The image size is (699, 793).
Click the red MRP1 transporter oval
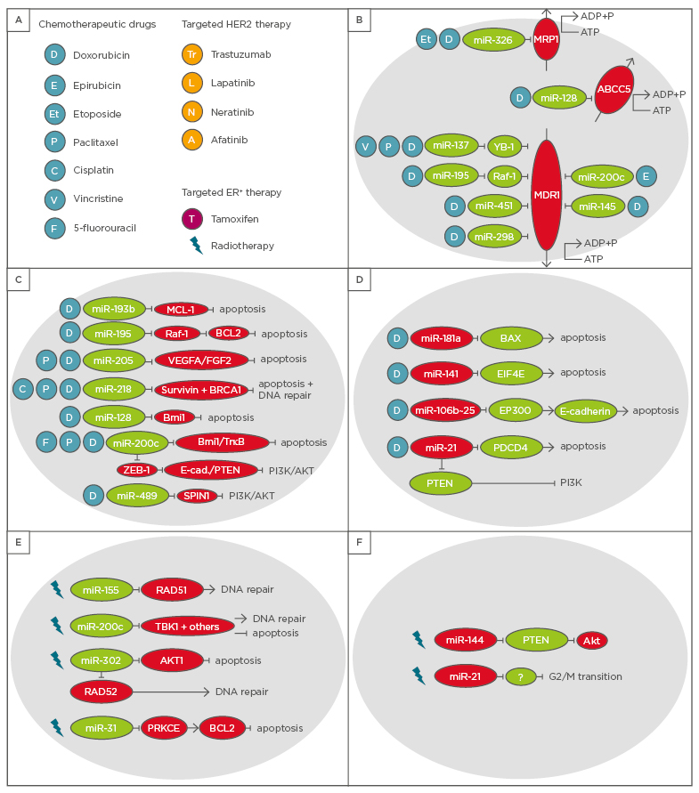(546, 39)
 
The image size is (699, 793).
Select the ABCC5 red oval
(613, 89)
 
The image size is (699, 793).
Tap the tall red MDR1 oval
(546, 195)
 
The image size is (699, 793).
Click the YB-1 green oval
(504, 146)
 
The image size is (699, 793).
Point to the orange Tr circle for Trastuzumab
(191, 55)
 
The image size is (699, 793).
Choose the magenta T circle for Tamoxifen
(191, 218)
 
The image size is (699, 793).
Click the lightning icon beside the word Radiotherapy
(195, 245)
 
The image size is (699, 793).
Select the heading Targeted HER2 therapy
(236, 24)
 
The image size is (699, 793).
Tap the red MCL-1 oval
(181, 309)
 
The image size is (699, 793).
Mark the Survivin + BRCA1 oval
(201, 390)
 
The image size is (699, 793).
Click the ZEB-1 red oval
(137, 469)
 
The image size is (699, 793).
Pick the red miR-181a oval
(441, 337)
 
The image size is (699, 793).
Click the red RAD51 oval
(172, 589)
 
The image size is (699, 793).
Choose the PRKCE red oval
(163, 727)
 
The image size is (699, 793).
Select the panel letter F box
(360, 543)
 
